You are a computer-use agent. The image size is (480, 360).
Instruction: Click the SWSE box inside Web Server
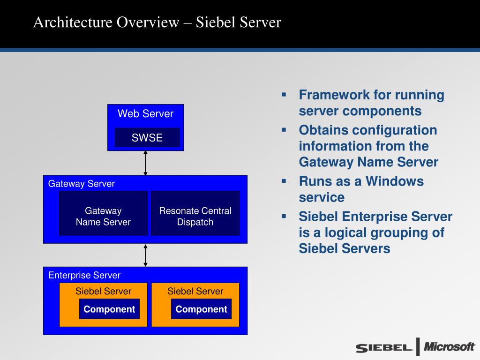click(x=147, y=137)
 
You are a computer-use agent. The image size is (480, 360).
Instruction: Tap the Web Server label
click(x=145, y=113)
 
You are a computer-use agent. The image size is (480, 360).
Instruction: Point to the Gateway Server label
click(x=81, y=184)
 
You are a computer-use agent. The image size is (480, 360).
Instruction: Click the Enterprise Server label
click(x=84, y=275)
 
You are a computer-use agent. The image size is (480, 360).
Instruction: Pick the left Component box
click(x=109, y=309)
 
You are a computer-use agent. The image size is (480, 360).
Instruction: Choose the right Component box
click(x=201, y=309)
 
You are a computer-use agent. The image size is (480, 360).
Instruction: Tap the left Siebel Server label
click(x=103, y=291)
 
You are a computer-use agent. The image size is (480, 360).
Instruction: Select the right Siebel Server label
click(x=195, y=291)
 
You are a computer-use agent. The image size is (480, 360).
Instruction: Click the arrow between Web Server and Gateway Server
click(x=145, y=163)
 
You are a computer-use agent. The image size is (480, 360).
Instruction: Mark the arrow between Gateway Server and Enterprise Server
click(x=145, y=255)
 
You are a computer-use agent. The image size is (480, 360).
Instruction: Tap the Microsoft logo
click(x=449, y=347)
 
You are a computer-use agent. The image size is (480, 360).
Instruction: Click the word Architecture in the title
click(x=73, y=22)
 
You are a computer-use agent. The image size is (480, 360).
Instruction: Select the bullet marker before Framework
click(x=284, y=94)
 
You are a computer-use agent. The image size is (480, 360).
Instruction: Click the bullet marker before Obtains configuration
click(x=284, y=129)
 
